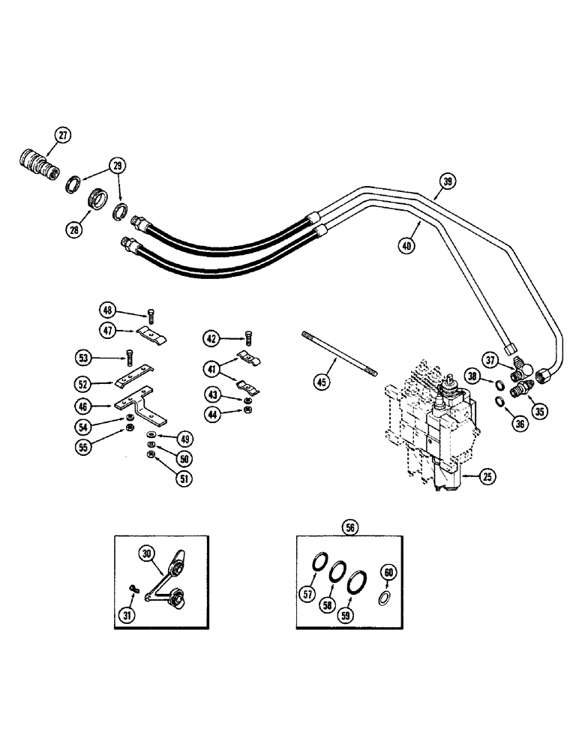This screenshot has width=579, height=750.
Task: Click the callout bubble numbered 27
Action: point(63,136)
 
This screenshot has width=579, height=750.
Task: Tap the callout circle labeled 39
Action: point(447,180)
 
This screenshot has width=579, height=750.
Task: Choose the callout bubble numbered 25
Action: point(469,475)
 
